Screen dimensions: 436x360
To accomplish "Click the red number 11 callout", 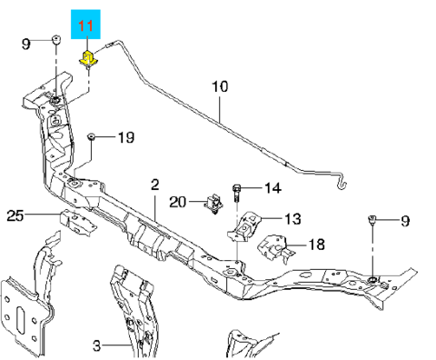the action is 86,25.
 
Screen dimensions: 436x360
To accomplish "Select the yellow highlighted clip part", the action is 88,58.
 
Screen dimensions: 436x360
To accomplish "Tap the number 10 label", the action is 220,86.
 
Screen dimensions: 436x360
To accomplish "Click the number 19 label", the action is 126,137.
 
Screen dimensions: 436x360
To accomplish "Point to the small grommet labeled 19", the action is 91,136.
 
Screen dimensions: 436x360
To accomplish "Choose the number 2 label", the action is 154,185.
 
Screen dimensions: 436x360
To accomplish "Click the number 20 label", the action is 178,202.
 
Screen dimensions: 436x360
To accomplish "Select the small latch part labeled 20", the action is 214,204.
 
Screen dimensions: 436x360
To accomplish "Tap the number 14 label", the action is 273,188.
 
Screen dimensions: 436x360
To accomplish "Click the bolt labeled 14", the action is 237,194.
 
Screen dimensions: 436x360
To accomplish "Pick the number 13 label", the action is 292,219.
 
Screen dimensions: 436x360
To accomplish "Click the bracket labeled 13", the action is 243,227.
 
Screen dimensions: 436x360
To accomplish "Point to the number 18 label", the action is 317,245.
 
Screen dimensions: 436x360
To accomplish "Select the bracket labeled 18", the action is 275,247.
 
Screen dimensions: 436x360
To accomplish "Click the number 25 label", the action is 15,215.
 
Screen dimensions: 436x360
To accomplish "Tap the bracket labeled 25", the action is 77,223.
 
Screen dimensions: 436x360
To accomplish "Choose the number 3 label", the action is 96,345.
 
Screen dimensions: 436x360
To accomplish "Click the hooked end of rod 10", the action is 342,183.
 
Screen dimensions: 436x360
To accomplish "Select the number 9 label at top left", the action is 26,45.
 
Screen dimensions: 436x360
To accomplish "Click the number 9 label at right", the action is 405,221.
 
